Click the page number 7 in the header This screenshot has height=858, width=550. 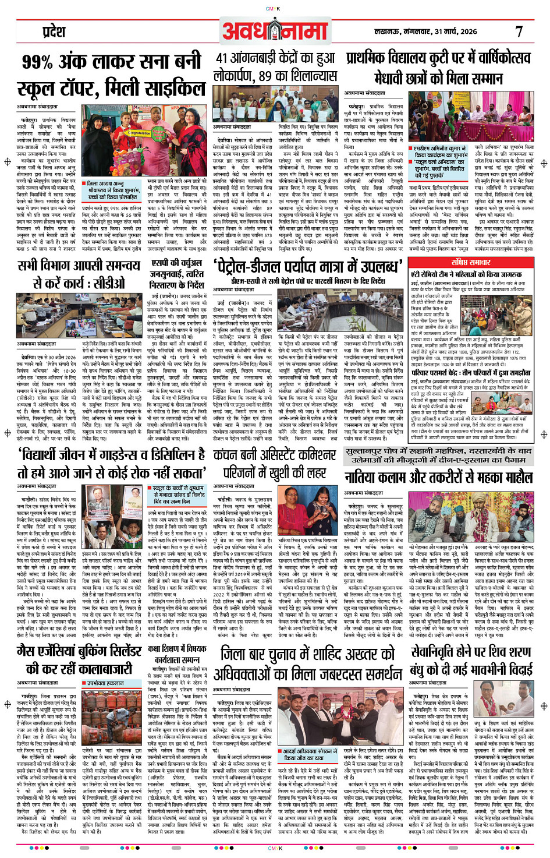(x=519, y=31)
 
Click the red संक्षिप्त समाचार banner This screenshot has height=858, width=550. (x=470, y=262)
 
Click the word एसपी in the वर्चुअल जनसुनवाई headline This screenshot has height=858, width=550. (x=160, y=263)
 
